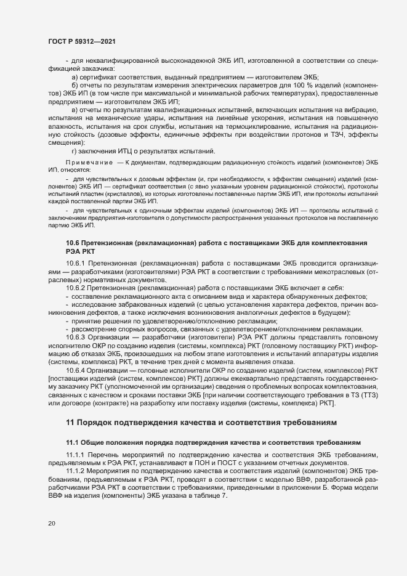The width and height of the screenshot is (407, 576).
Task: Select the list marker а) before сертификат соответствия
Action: click(75, 78)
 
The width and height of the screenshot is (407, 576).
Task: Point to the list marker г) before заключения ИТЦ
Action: click(75, 151)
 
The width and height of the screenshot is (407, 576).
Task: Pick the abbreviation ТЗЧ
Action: click(331, 135)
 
